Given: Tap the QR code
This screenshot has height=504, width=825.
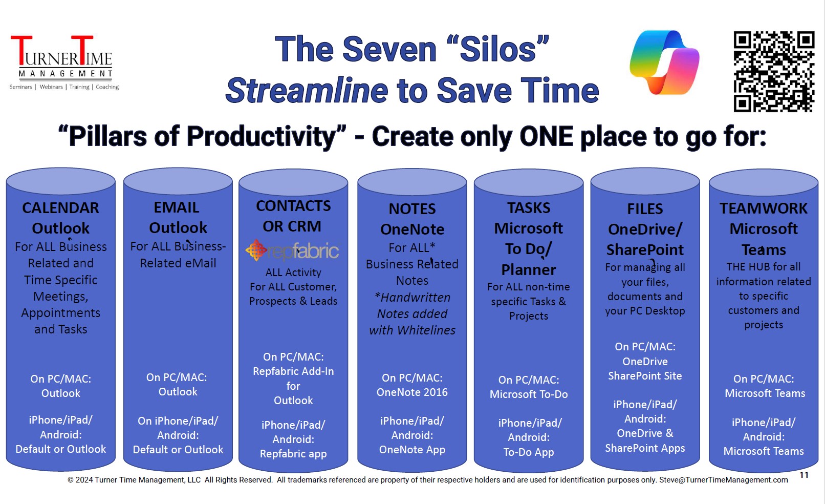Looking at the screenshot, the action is pos(774,72).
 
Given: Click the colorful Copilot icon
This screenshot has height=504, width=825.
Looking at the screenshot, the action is pos(664,62).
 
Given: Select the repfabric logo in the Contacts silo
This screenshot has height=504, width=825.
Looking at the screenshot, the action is pos(292,250).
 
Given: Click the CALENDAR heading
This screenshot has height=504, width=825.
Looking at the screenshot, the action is pos(61,208).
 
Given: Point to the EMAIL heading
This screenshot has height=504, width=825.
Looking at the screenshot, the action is pos(177,207).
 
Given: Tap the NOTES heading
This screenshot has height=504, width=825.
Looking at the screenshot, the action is pos(412,209).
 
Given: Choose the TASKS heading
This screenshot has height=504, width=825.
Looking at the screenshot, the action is pos(529,208).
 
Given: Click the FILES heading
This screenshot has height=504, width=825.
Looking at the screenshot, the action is pos(645,209).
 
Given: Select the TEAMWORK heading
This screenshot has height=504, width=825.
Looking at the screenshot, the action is pos(764,208).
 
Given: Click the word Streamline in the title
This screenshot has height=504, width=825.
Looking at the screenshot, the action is pos(307,91).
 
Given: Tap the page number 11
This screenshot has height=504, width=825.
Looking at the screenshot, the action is pos(804,475).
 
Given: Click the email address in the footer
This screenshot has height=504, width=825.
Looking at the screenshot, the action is pos(723,479).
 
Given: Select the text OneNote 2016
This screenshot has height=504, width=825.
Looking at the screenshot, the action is pos(412,392).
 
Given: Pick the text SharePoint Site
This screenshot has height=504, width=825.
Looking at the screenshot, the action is pos(645,376).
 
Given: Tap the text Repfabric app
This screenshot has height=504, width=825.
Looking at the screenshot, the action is pos(293,454).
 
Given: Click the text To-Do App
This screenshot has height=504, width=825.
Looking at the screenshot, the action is pos(529,452).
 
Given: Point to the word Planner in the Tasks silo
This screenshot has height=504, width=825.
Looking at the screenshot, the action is pos(529,270).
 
